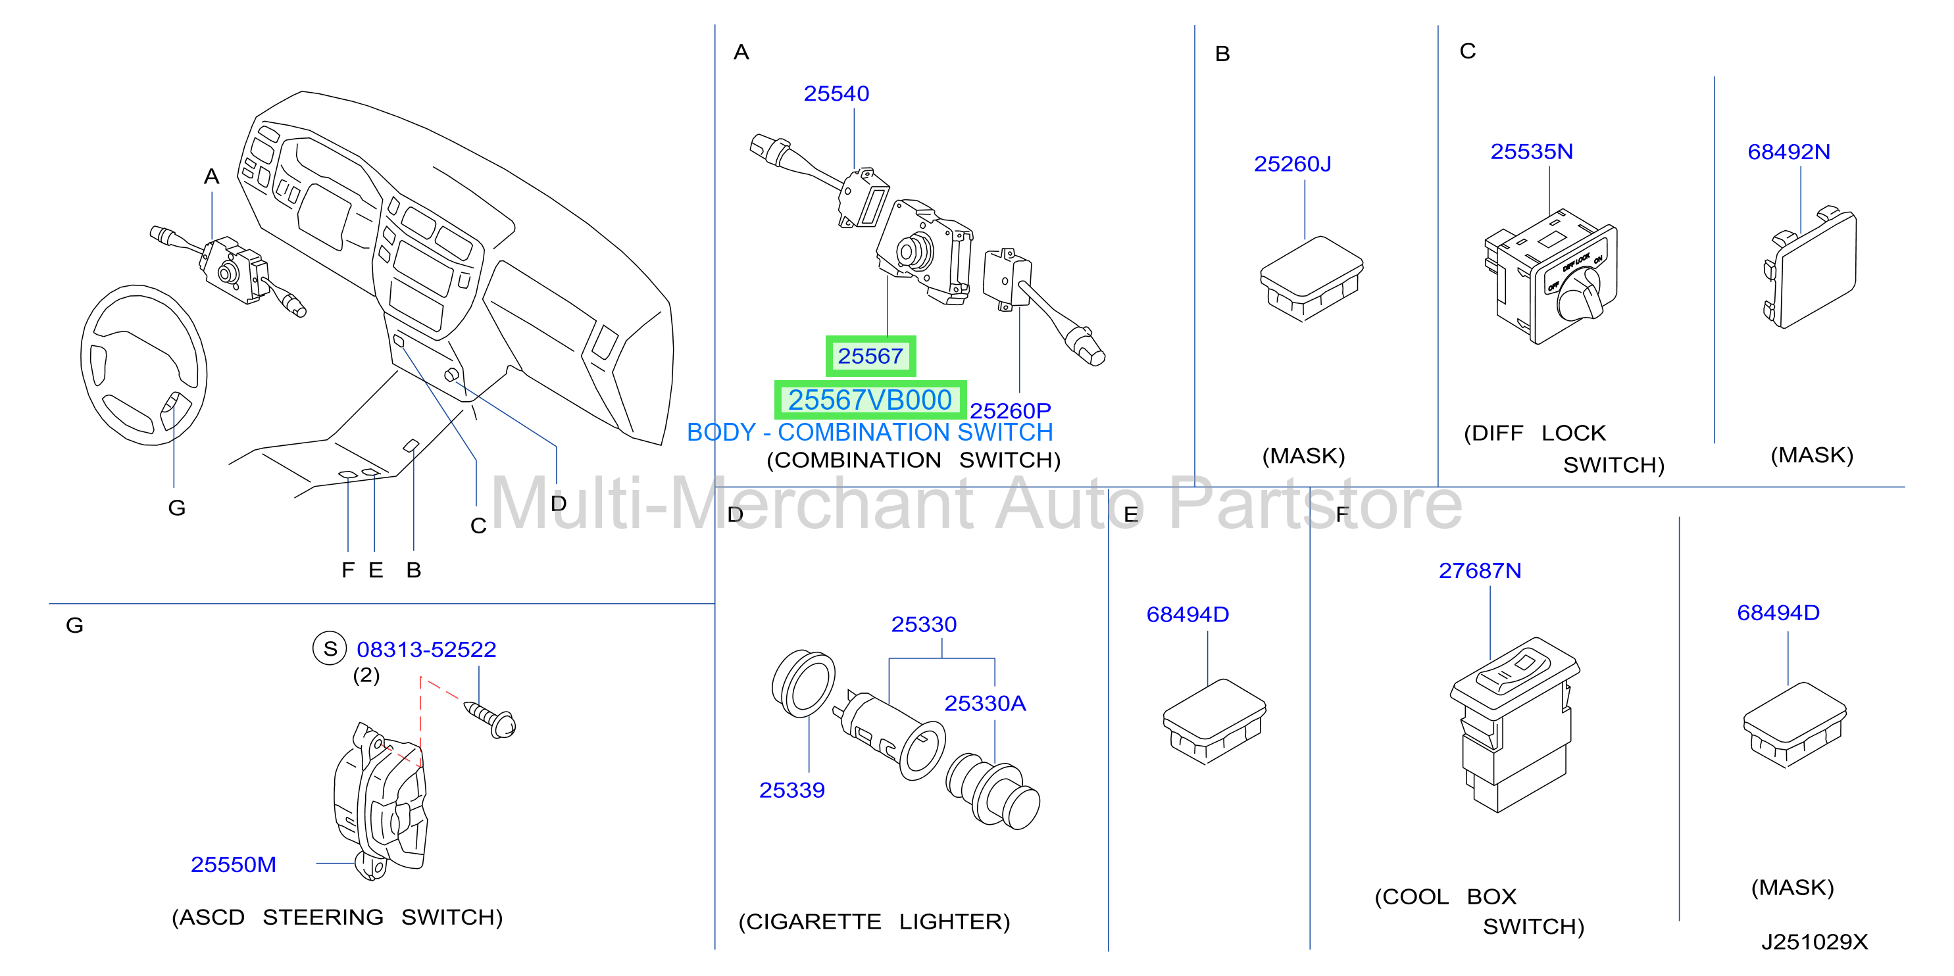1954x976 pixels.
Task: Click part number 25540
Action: click(x=836, y=93)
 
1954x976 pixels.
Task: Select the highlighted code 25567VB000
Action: click(x=869, y=400)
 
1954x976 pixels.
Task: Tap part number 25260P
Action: click(x=1011, y=410)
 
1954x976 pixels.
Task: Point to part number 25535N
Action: click(x=1531, y=152)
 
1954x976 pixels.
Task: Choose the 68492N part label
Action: click(x=1788, y=152)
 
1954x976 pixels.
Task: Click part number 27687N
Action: click(x=1479, y=570)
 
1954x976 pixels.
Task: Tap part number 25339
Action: click(x=791, y=790)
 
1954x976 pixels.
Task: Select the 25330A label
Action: click(x=985, y=704)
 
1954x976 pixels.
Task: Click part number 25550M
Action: click(x=233, y=864)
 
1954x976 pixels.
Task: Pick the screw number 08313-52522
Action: click(x=426, y=649)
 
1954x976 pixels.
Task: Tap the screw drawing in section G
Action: click(x=490, y=718)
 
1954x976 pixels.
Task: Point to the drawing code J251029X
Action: click(x=1814, y=942)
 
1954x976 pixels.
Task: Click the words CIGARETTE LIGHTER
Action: click(x=874, y=921)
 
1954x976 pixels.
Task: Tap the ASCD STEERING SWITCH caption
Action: click(x=337, y=917)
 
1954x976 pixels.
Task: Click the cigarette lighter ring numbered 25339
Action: click(x=803, y=683)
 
